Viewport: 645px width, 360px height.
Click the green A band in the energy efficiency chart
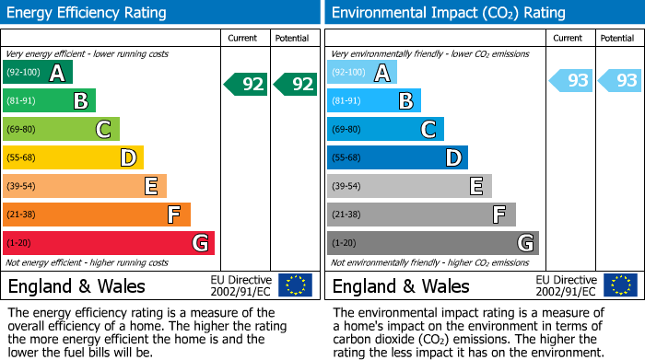pos(38,73)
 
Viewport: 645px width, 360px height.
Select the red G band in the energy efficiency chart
pos(109,243)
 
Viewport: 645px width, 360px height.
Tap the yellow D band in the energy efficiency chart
pos(74,158)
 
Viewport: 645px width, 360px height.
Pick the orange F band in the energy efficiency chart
pos(97,215)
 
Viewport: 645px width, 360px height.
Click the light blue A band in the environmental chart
pos(362,73)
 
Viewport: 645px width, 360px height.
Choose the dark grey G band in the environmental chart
pos(432,243)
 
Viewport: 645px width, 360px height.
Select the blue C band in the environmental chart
pos(385,130)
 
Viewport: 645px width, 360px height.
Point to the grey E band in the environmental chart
pos(409,187)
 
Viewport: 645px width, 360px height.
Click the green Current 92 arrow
pos(246,85)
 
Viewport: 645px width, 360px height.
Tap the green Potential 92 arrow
pos(296,85)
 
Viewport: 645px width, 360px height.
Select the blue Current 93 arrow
pos(570,81)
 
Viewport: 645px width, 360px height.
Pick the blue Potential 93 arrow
pos(620,81)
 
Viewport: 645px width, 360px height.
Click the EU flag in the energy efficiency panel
pos(295,285)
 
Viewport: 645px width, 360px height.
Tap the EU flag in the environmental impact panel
pos(619,285)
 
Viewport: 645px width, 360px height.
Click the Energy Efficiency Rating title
pos(87,13)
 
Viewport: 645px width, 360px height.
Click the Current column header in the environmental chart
pos(569,38)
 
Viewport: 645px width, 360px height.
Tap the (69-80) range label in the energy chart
pos(22,130)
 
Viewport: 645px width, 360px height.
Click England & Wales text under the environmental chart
pos(401,285)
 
